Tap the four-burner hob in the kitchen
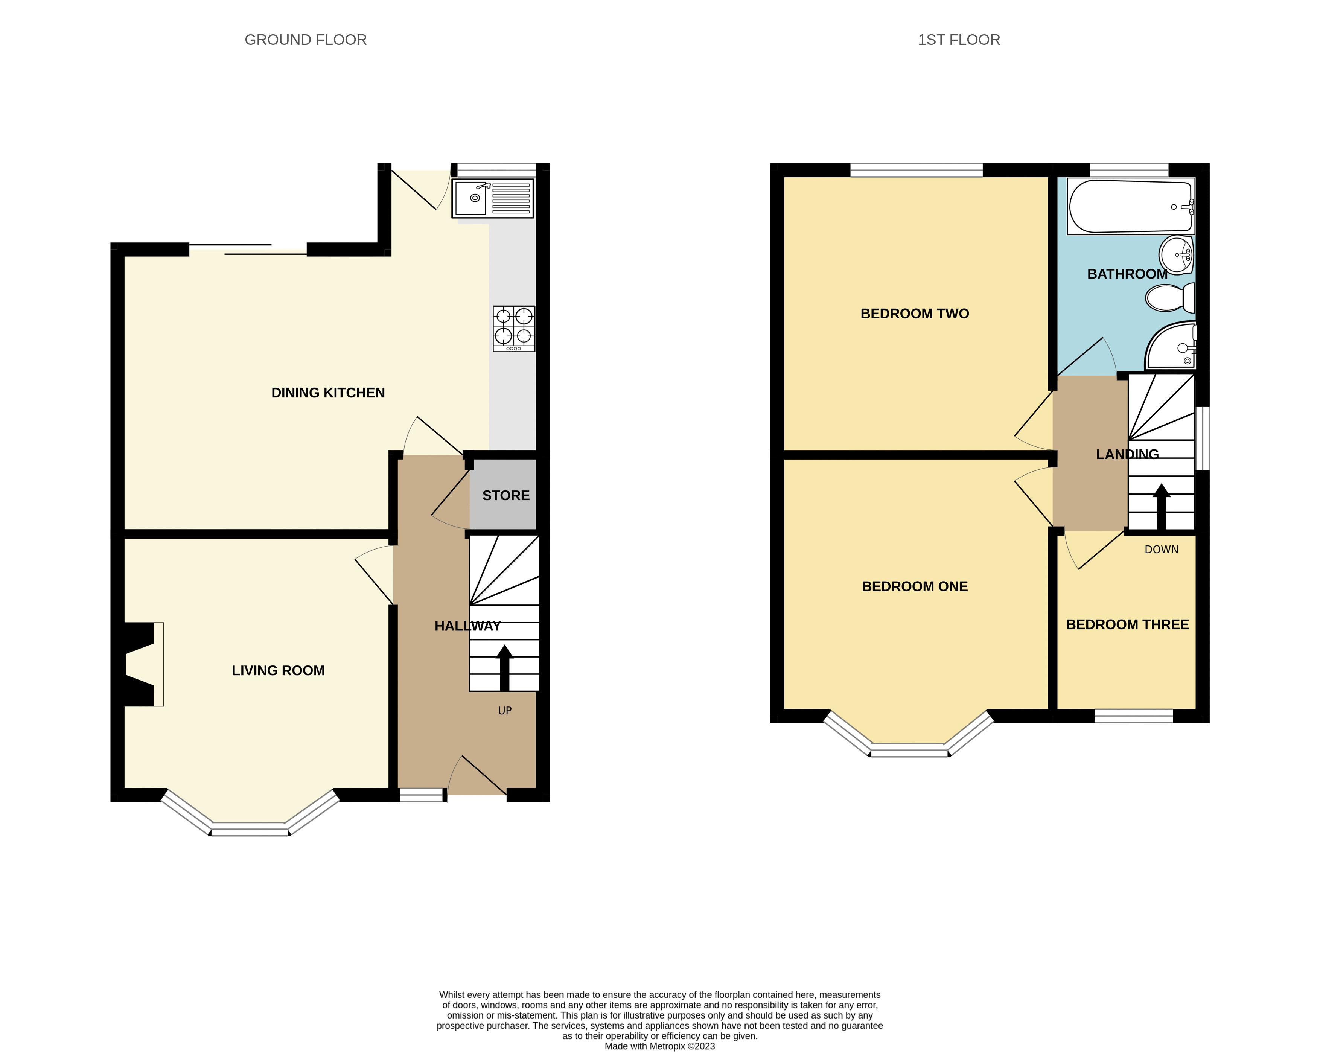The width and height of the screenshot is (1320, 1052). (514, 328)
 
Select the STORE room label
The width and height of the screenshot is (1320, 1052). (506, 495)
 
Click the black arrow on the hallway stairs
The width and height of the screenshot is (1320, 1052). (504, 667)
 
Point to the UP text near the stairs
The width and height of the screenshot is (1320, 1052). (504, 710)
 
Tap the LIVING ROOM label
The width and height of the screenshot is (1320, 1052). (278, 670)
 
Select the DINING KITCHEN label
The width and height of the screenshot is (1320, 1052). (328, 393)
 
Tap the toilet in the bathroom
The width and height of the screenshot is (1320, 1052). (1170, 298)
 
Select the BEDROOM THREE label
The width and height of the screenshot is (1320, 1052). (1127, 624)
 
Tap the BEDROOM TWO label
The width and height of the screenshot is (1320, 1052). (915, 314)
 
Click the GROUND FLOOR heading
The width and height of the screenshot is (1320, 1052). (306, 40)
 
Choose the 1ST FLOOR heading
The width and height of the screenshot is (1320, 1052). (959, 40)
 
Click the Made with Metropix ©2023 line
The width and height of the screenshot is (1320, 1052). (659, 1046)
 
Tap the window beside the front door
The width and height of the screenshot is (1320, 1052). (421, 795)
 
